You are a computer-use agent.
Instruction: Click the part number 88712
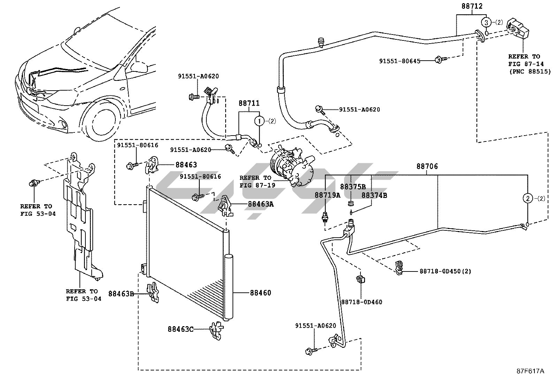pyautogui.click(x=472, y=6)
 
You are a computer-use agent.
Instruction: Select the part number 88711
pyautogui.click(x=249, y=104)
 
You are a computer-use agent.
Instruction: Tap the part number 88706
pyautogui.click(x=427, y=167)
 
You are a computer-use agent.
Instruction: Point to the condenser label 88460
pyautogui.click(x=260, y=293)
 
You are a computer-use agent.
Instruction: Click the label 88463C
pyautogui.click(x=180, y=329)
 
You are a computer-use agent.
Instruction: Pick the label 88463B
pyautogui.click(x=121, y=294)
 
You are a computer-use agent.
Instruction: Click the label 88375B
pyautogui.click(x=353, y=187)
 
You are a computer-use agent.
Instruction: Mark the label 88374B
pyautogui.click(x=374, y=195)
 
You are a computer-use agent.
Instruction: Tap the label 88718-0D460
pyautogui.click(x=362, y=302)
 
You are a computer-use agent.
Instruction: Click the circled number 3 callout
pyautogui.click(x=486, y=23)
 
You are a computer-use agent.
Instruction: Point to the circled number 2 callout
pyautogui.click(x=528, y=199)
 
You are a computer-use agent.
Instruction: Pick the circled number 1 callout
pyautogui.click(x=259, y=121)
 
